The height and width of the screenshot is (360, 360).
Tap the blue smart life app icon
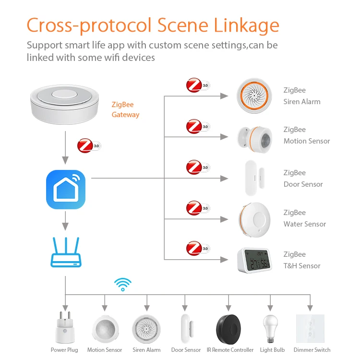66,190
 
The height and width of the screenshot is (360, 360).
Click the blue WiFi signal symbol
123,284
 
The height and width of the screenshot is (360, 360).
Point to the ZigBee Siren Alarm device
254,96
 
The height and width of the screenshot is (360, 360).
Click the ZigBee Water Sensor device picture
254,218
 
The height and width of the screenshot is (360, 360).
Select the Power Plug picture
64,328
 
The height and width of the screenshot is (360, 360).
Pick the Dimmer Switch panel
310,328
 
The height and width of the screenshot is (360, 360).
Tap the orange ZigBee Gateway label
125,109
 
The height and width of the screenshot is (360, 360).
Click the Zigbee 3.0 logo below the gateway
89,145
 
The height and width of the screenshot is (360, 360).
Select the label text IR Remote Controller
230,350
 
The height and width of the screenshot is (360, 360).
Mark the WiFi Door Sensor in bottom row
186,329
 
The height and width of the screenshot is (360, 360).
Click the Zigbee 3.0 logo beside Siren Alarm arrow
198,86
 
